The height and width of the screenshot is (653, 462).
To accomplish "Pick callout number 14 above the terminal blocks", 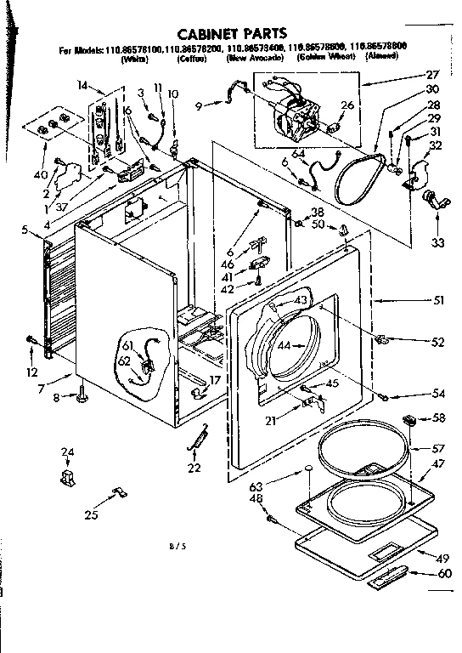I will [82, 85].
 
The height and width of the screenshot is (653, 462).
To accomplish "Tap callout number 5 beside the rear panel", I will [25, 228].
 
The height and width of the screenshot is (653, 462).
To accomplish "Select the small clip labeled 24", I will [67, 477].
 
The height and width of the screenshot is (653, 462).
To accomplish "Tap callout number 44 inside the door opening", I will [285, 346].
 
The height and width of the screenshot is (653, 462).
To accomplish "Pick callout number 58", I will [439, 418].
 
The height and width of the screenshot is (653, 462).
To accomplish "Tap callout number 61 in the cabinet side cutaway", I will [127, 345].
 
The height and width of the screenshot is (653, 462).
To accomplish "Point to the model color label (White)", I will [134, 61].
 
